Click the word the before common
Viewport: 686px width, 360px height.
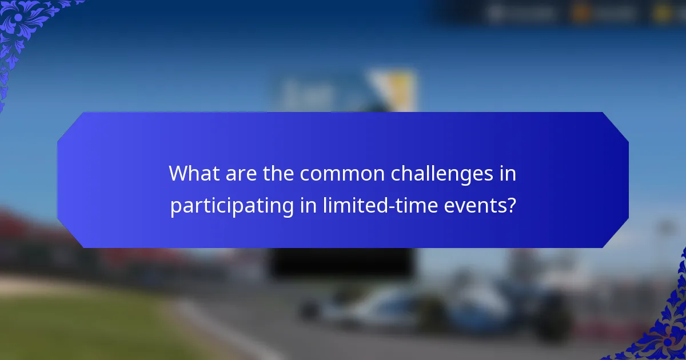coord(277,174)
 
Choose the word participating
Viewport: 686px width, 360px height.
coord(232,205)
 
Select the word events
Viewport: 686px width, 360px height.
coord(477,205)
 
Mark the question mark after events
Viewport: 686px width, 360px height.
coord(511,205)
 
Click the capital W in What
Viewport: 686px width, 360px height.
coord(177,174)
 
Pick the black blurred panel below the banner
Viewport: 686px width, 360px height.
coord(341,263)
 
